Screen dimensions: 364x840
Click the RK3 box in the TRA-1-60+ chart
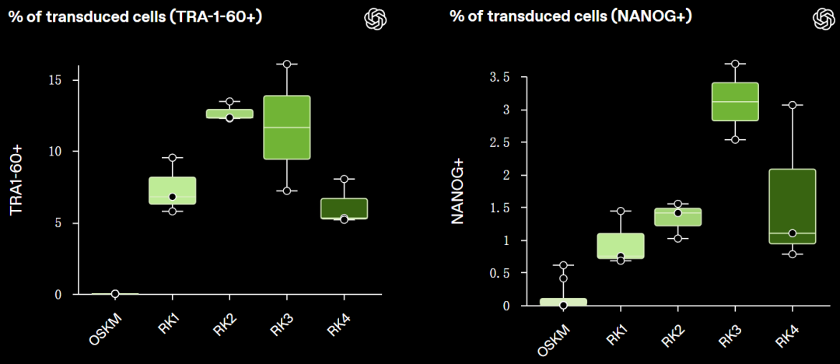[287, 127]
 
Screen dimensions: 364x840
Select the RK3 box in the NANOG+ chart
[734, 101]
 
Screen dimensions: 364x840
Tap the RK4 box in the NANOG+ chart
[792, 206]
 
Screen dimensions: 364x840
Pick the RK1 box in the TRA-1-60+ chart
[172, 191]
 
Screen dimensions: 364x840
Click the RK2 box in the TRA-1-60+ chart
[229, 114]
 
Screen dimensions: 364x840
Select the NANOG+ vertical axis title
[458, 191]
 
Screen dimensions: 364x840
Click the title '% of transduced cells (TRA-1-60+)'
[135, 16]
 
